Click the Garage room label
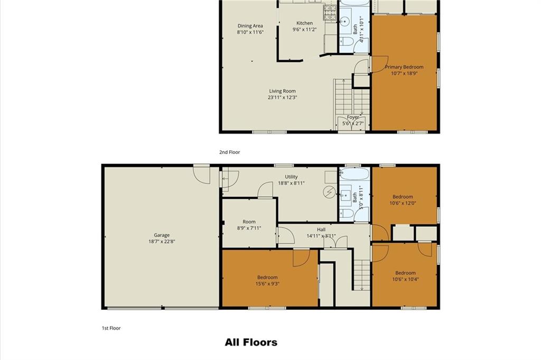[x=162, y=235]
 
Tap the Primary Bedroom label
[x=404, y=67]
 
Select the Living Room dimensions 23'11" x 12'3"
[x=282, y=97]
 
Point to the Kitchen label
[x=305, y=23]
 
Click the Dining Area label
[x=250, y=26]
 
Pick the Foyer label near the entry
[x=352, y=117]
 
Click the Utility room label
[x=291, y=177]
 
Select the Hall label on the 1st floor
[x=321, y=229]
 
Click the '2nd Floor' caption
[x=229, y=152]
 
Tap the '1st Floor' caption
[x=111, y=328]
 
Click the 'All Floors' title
[x=251, y=343]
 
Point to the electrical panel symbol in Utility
[x=330, y=192]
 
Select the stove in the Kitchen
[x=330, y=13]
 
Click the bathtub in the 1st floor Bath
[x=355, y=173]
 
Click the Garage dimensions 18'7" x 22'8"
[x=162, y=242]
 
